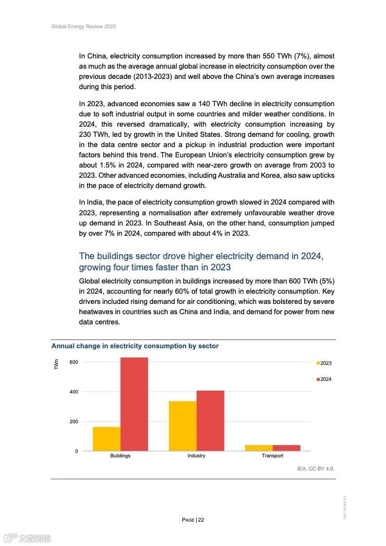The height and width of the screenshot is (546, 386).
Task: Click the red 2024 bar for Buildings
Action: click(134, 404)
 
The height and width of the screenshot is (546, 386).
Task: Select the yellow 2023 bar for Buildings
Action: click(107, 439)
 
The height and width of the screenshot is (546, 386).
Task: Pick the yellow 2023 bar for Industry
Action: click(183, 426)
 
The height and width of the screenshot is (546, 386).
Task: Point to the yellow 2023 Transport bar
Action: click(259, 448)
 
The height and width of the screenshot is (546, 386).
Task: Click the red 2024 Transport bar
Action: click(287, 448)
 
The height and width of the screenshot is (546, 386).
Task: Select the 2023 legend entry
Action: click(324, 363)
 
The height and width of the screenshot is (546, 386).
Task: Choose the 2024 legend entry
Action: click(324, 379)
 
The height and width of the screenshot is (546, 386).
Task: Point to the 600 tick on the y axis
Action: click(74, 362)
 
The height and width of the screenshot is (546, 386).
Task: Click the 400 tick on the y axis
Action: click(74, 392)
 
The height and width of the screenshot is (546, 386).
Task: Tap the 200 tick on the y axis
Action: click(74, 421)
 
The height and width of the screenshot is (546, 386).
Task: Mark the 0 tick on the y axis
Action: click(76, 451)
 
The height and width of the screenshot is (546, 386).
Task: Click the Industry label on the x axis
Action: click(196, 456)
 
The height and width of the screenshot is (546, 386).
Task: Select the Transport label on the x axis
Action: click(273, 456)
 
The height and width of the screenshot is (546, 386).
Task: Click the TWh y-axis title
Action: click(56, 364)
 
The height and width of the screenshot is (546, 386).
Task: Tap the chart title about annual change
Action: click(135, 346)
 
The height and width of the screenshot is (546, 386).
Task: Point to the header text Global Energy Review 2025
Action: click(84, 26)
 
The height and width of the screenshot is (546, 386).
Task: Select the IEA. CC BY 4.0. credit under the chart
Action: click(316, 469)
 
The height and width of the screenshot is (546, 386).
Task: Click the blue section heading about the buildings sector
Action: click(201, 262)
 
